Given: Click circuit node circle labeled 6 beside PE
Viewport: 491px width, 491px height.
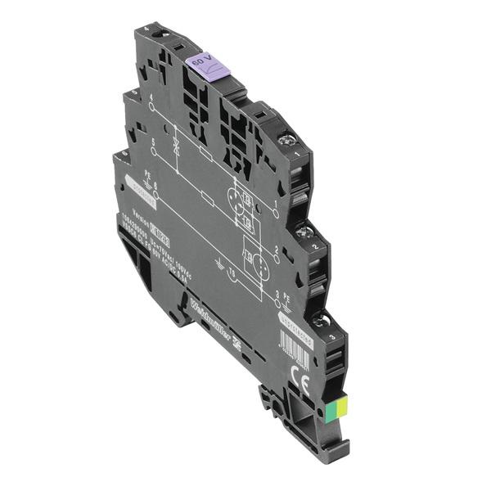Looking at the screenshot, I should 155,193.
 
